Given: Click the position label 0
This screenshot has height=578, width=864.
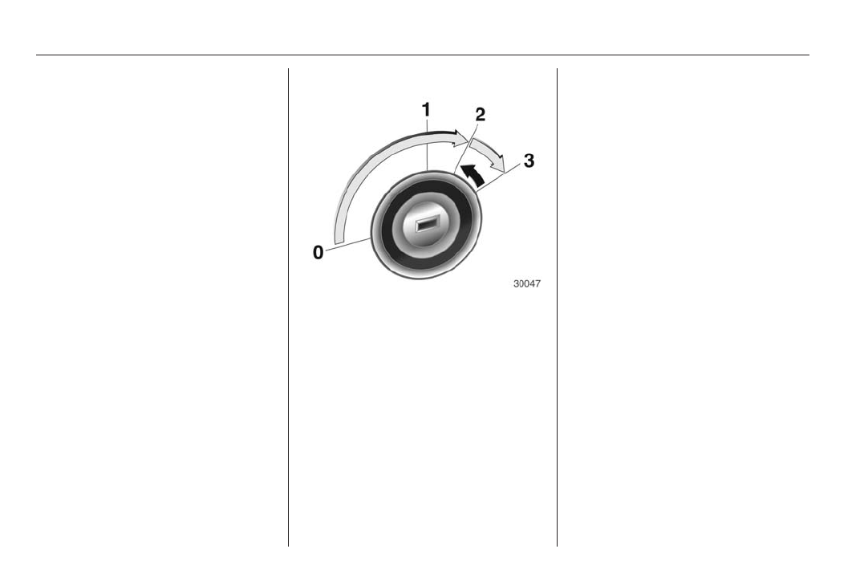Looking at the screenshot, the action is point(318,253).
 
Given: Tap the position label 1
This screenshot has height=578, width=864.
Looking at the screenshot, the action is point(426,110).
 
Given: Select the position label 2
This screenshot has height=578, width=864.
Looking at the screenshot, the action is point(481,115).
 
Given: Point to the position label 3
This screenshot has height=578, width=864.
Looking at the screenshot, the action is point(529,161).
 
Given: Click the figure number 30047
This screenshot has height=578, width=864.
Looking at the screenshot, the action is point(527,283).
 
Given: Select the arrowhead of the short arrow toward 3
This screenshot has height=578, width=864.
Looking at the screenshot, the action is point(498,163).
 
